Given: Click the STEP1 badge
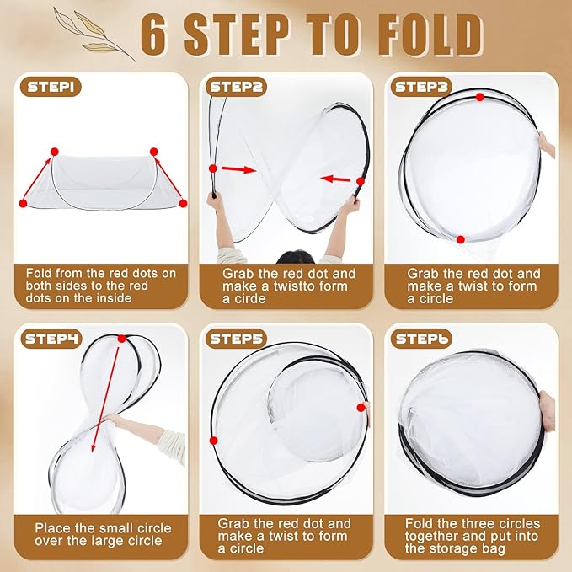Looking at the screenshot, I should point(52,86).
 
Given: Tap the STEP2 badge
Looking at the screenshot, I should point(238,85).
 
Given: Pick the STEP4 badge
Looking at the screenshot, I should point(52,339).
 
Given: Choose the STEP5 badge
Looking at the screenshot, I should point(238,339).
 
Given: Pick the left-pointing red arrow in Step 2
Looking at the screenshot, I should point(337,179).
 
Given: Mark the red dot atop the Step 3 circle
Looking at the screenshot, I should point(479,97).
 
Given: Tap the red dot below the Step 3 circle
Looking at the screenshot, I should point(460,240).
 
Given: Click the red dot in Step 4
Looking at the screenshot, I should point(121,339).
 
